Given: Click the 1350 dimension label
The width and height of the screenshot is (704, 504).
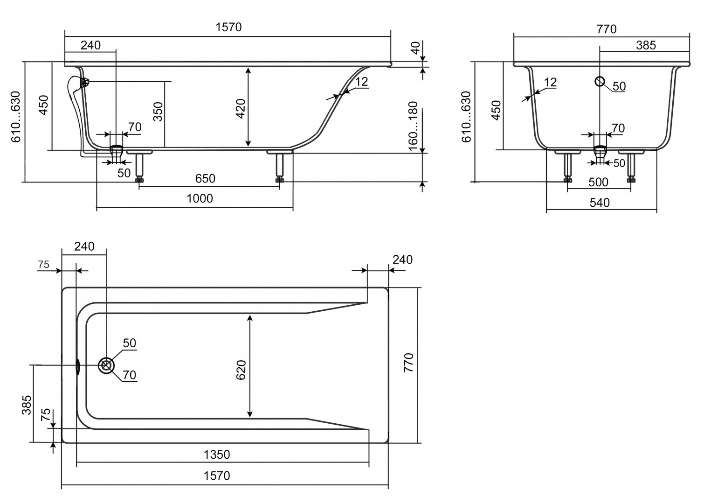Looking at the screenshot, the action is coord(217,454).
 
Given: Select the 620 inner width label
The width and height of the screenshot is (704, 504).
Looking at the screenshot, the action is coord(241,370).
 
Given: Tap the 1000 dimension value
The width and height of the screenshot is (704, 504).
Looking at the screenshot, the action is coord(200,198).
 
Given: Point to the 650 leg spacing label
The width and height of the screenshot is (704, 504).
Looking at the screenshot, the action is coord(205,178).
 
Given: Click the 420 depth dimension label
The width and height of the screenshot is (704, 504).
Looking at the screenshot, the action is coord(241,109).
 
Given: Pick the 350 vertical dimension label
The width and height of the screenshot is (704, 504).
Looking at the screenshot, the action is coord(158,112).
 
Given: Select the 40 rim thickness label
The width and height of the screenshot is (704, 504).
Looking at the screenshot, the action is coord(415,48).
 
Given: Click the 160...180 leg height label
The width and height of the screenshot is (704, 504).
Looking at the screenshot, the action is coord(413,126).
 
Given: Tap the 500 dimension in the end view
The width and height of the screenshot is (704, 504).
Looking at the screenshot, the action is coord(598,182).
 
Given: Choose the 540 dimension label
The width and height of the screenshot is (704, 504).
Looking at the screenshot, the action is coord(600,203).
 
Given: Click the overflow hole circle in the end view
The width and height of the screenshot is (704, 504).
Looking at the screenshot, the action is coord(600,82).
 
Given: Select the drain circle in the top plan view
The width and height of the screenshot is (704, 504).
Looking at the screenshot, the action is coord(106,365).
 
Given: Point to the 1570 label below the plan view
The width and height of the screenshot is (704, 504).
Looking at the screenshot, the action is coord(217,476).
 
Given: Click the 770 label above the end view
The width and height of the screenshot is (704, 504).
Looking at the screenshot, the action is coord(607,29).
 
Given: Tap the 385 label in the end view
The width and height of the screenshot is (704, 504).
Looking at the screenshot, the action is coord(646,45).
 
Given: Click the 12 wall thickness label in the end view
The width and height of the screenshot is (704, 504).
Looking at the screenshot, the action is coord(550,83).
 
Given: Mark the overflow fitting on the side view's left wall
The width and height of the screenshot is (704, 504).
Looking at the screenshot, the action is coord(85,83).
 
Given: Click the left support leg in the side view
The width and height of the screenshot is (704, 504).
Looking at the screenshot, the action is coord(139,167).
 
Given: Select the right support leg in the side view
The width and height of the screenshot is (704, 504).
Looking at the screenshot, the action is coord(280,167).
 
